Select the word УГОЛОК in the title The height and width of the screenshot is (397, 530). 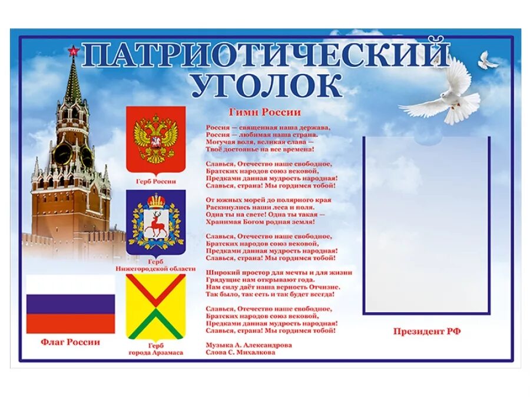pos(266,85)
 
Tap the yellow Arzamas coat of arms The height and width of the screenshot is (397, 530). pos(156,306)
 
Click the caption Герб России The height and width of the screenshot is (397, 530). pos(156,182)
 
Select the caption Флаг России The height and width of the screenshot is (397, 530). pos(71,342)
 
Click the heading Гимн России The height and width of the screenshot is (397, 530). pos(264,112)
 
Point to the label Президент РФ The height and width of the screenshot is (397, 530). pos(427,332)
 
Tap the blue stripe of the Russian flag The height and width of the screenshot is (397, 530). pos(71,304)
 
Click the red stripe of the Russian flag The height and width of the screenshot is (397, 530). pos(71,323)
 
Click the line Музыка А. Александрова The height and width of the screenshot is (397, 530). pos(249,345)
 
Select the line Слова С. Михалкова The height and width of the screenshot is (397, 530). pos(241,352)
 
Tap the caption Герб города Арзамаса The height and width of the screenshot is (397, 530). pos(156,349)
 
